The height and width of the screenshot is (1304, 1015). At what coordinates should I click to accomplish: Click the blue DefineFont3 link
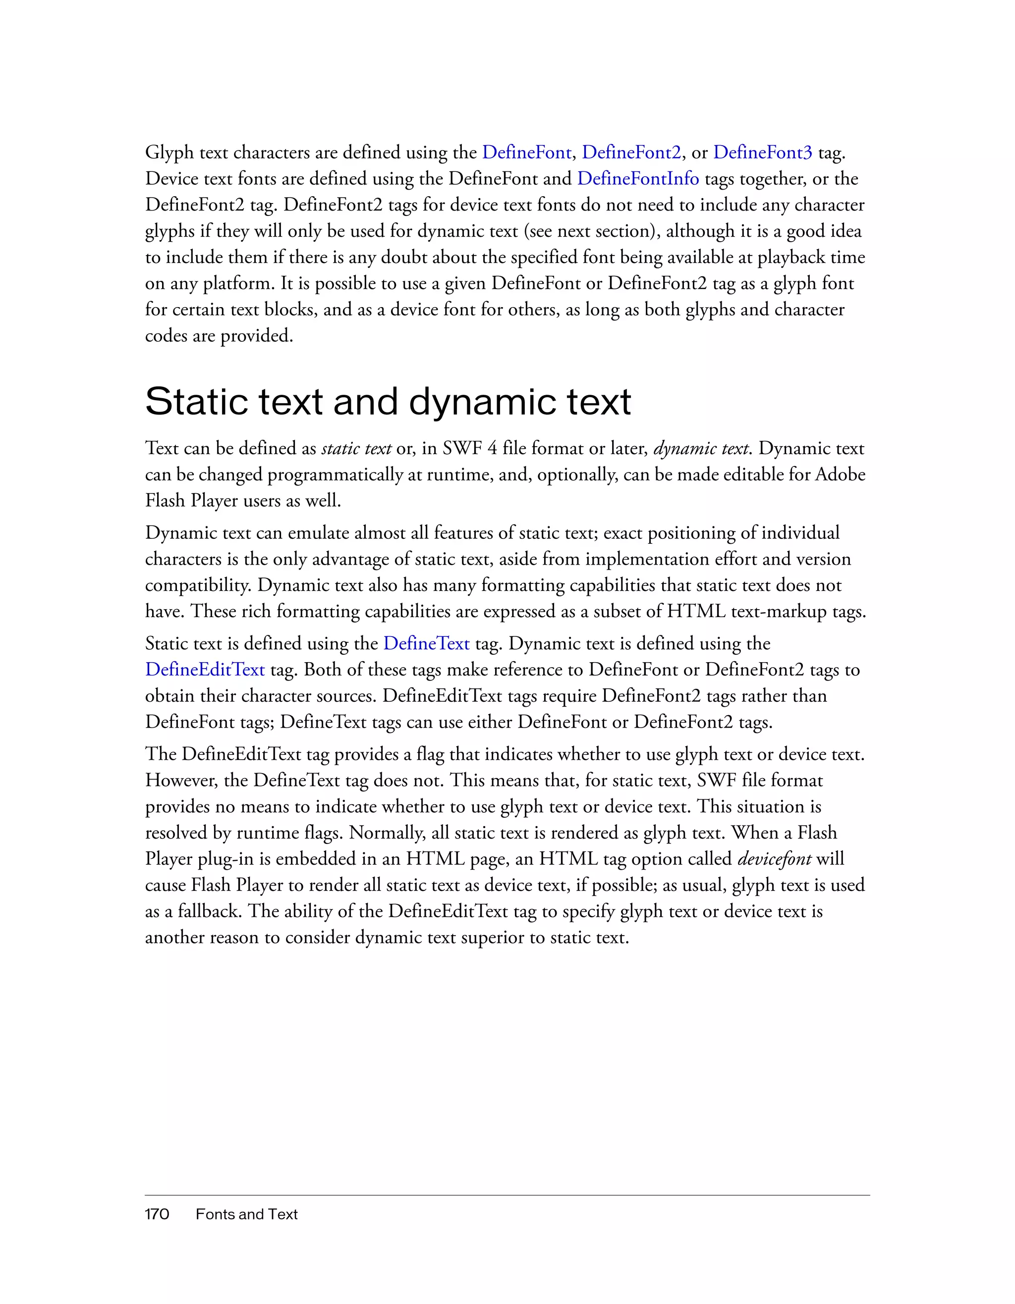tap(762, 153)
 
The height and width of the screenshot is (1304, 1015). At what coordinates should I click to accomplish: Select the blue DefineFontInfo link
tap(637, 179)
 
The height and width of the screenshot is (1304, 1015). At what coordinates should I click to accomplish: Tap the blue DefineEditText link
tap(205, 670)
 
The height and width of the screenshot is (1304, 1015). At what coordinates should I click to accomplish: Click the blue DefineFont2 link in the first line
tap(631, 153)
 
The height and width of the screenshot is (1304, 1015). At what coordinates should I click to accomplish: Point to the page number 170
tap(157, 1214)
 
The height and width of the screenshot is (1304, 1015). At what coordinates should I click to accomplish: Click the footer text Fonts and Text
tap(246, 1214)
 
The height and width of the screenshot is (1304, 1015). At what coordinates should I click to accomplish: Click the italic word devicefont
tap(774, 859)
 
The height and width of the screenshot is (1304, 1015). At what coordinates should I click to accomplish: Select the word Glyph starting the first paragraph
tap(169, 154)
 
